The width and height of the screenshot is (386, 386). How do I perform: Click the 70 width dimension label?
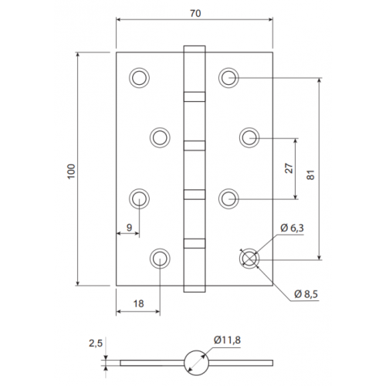pos(195,13)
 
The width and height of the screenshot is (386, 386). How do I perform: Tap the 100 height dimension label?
pos(71,171)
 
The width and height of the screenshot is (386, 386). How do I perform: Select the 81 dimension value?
pos(311,175)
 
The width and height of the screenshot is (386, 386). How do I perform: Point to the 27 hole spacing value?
pos(289,168)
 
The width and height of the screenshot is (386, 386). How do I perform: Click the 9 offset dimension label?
pos(129,227)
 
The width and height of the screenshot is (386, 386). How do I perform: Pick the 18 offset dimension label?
pos(138,303)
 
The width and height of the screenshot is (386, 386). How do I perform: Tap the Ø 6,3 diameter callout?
pos(292,228)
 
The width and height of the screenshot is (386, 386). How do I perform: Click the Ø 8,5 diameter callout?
pos(306,294)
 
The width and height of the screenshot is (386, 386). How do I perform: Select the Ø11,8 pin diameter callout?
pos(227,340)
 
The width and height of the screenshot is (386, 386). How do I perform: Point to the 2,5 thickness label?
pos(96,344)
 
